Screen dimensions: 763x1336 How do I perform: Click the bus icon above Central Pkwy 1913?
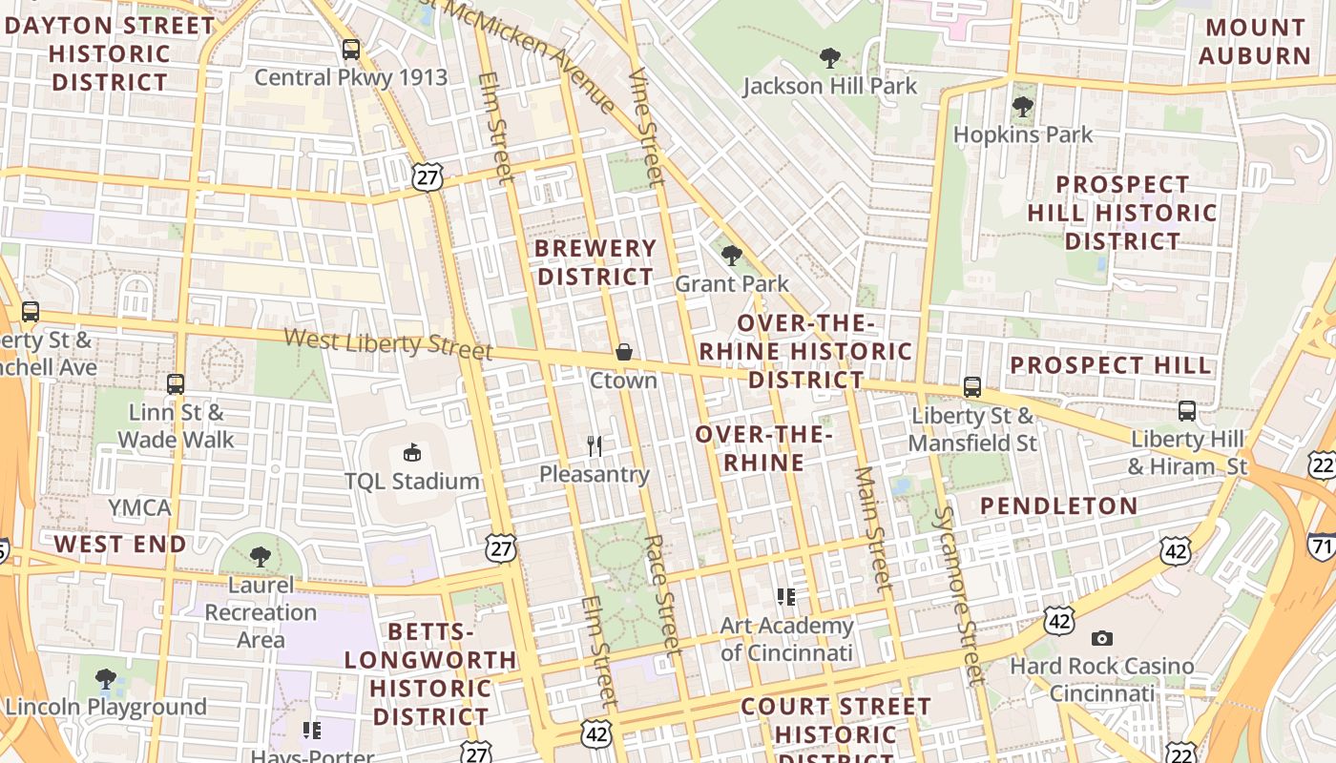pos(351,50)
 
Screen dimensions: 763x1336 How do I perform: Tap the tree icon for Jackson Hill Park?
pos(830,58)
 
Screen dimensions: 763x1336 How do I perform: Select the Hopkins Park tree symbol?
pos(1023,107)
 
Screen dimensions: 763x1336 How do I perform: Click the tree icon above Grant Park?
pos(732,256)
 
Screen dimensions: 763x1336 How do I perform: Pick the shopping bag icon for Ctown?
pos(623,352)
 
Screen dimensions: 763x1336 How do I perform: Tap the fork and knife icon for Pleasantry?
pos(595,445)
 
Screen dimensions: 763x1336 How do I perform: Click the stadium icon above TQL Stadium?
pos(412,452)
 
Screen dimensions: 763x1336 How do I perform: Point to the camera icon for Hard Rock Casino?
pos(1102,638)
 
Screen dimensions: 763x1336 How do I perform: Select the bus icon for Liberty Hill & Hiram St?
pos(1187,411)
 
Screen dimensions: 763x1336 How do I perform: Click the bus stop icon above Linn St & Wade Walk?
pos(176,384)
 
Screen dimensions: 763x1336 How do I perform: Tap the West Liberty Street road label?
pos(387,342)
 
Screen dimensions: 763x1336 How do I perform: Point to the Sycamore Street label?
pos(957,595)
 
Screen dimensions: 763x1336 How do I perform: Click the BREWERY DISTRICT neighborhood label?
pos(595,262)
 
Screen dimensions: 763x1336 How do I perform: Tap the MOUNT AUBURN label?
pos(1254,41)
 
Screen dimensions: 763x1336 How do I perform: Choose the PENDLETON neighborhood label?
pos(1059,505)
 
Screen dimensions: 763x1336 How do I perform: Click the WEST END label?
pos(120,545)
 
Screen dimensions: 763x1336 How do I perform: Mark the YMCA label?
pos(140,507)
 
